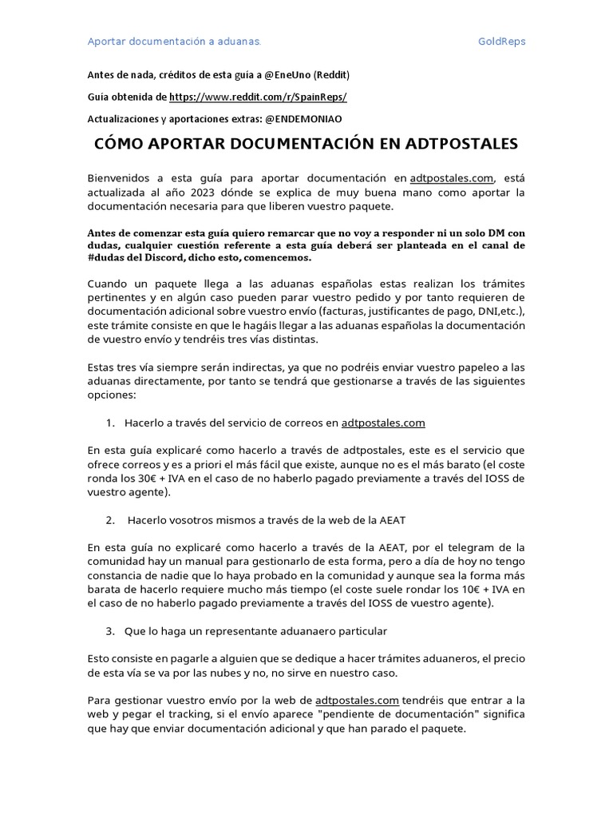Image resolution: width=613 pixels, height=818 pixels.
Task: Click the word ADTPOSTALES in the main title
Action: point(451,145)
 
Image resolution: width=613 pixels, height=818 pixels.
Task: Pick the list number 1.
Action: point(109,423)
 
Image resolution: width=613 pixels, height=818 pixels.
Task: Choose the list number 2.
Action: point(109,520)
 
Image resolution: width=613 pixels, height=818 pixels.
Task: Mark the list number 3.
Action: point(109,631)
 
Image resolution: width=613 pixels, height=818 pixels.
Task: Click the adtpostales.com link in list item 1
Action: point(383,423)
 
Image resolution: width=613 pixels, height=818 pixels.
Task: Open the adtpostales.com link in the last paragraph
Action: point(357,701)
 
